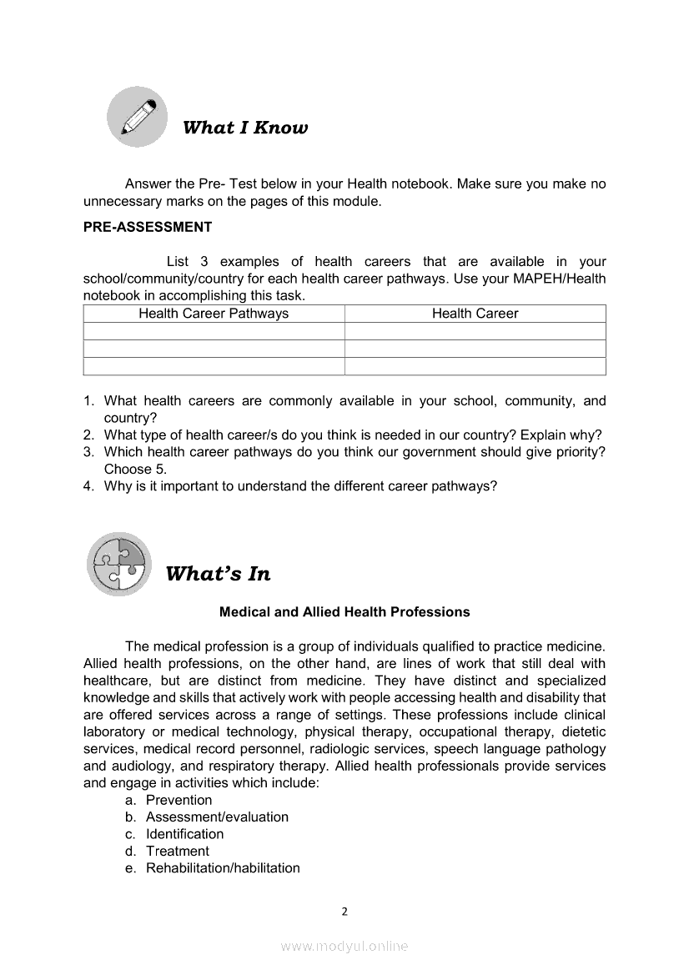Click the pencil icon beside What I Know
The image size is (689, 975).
click(x=138, y=117)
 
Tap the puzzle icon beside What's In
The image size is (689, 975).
click(x=119, y=564)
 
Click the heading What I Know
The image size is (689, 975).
click(x=244, y=128)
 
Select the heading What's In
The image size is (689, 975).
click(x=218, y=574)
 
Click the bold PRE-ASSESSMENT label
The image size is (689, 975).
click(x=148, y=227)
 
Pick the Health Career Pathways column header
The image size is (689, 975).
click(x=214, y=314)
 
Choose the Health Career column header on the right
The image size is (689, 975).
click(x=475, y=314)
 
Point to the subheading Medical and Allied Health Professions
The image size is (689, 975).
click(x=344, y=612)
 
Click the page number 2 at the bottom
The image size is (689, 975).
click(x=344, y=911)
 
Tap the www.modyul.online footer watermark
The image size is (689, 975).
click(x=344, y=946)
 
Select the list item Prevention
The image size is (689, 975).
click(x=179, y=800)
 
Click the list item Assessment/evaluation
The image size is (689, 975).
click(x=217, y=817)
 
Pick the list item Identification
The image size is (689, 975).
click(x=184, y=834)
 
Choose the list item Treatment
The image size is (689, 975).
click(x=177, y=852)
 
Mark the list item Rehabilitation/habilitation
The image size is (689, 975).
click(x=223, y=868)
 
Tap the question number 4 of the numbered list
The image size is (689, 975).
click(x=88, y=486)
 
